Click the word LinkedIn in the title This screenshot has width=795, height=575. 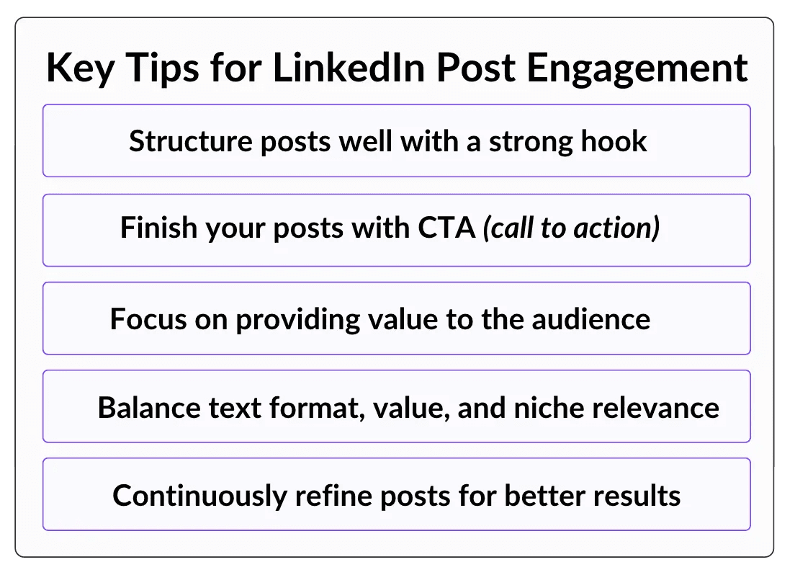tap(349, 68)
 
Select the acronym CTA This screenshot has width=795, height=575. tap(446, 228)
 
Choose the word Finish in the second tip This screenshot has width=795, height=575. tap(158, 228)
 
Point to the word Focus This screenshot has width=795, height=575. tap(148, 319)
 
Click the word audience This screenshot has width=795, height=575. tap(590, 319)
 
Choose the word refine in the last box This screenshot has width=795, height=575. tap(333, 495)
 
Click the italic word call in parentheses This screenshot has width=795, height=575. tap(508, 228)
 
